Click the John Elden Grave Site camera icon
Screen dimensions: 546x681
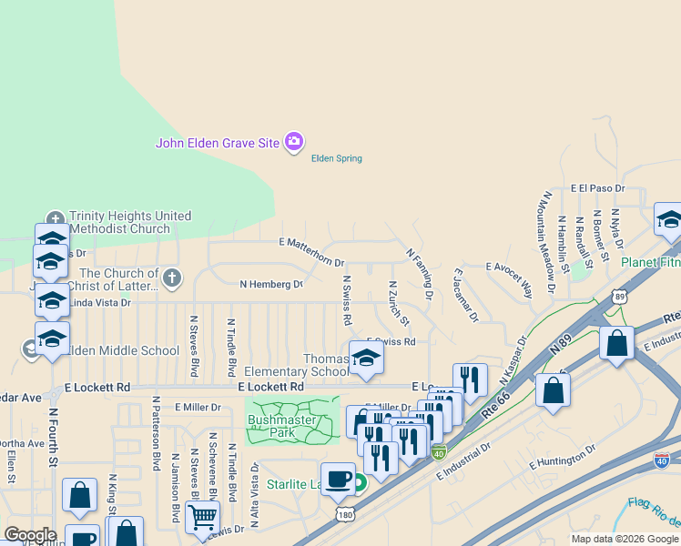[x=294, y=142]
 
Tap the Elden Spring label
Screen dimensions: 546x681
[x=337, y=158]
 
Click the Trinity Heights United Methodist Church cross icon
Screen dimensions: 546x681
[x=56, y=219]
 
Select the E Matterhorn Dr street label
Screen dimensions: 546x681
[x=310, y=241]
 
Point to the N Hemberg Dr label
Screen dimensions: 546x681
[x=270, y=284]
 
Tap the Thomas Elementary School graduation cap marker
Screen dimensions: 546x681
[x=366, y=358]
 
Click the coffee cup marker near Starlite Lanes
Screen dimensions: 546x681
[x=338, y=479]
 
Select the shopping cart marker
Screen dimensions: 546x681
[x=202, y=518]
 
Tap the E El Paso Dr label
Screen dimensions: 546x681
[x=598, y=188]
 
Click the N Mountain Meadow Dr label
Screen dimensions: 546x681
[x=549, y=241]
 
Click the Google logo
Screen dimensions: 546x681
[x=30, y=535]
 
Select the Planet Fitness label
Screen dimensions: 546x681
[x=650, y=262]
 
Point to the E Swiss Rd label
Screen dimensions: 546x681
[x=391, y=342]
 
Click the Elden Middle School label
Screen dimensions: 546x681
[x=108, y=350]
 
